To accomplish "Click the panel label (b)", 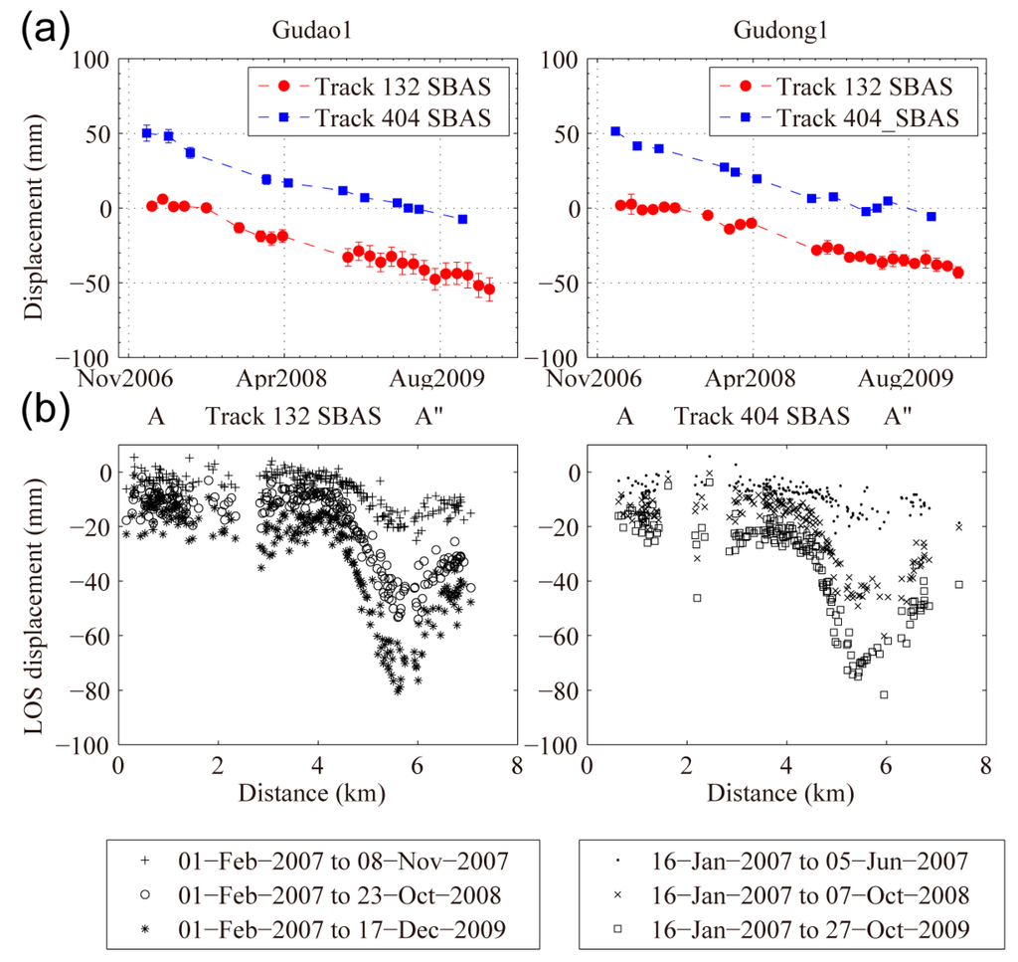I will (x=45, y=409).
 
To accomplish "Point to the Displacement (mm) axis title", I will (x=36, y=209).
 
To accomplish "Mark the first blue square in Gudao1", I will (x=147, y=133).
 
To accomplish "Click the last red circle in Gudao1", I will (x=488, y=289).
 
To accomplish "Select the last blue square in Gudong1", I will (x=932, y=216).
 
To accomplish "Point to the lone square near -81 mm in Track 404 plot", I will (x=884, y=694).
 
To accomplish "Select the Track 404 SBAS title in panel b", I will (x=762, y=416).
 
